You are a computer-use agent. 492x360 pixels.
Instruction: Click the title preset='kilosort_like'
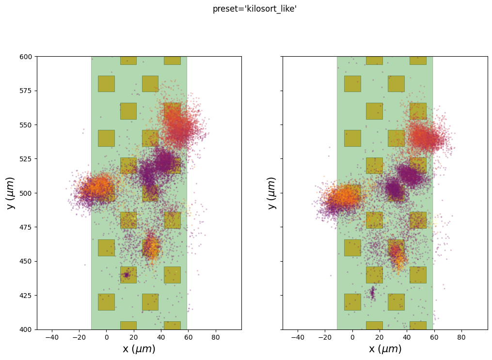pos(254,9)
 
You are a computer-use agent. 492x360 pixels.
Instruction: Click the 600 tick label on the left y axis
pos(27,57)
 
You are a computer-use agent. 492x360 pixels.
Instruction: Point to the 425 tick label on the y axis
pos(27,296)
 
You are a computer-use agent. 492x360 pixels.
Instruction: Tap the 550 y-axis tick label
pos(27,125)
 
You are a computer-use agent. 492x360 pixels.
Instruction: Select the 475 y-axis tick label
pos(27,227)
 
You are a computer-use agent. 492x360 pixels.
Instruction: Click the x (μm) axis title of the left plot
pos(139,349)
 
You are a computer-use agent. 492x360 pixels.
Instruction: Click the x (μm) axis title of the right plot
pos(385,349)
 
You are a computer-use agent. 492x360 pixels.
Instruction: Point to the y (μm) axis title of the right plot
pos(272,193)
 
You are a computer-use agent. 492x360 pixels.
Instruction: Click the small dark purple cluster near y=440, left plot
pos(127,275)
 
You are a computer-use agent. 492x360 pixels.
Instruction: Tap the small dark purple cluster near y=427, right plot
pos(372,293)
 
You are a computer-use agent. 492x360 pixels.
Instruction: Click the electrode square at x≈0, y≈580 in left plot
pos(106,83)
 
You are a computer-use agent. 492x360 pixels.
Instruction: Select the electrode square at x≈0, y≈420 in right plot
pos(352,302)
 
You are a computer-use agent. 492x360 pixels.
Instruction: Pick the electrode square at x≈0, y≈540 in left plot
pos(106,138)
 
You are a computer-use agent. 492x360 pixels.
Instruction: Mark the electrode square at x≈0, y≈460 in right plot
pos(352,248)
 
